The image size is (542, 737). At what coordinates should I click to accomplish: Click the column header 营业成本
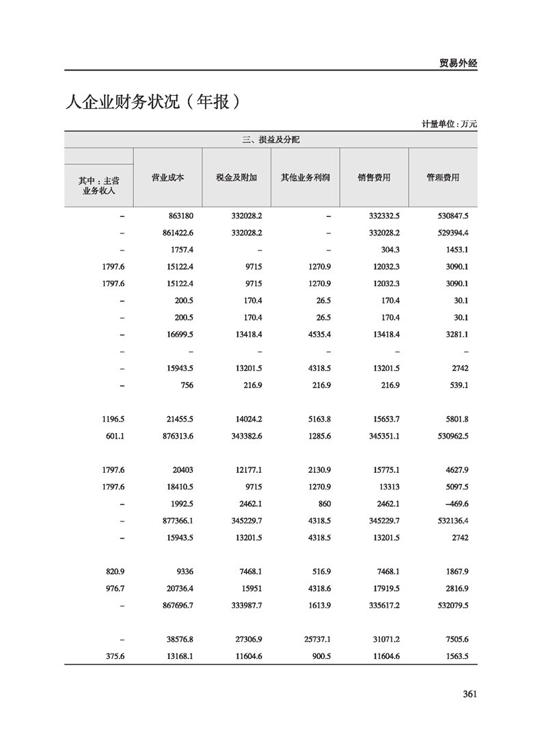click(x=167, y=177)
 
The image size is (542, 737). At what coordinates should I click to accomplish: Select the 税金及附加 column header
click(x=236, y=177)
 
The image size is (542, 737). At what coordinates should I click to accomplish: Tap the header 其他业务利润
click(x=306, y=177)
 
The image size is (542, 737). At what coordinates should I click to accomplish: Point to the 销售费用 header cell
click(x=374, y=177)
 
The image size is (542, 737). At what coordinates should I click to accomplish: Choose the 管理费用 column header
click(x=443, y=177)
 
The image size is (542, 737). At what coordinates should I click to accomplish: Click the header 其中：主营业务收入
click(x=99, y=186)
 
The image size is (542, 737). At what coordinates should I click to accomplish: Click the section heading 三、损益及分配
click(x=271, y=140)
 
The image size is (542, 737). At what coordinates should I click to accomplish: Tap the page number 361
click(x=469, y=694)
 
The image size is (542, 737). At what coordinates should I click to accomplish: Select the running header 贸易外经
click(x=457, y=63)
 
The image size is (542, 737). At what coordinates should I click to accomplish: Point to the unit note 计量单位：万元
click(x=449, y=124)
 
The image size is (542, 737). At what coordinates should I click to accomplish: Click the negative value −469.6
click(x=455, y=504)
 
